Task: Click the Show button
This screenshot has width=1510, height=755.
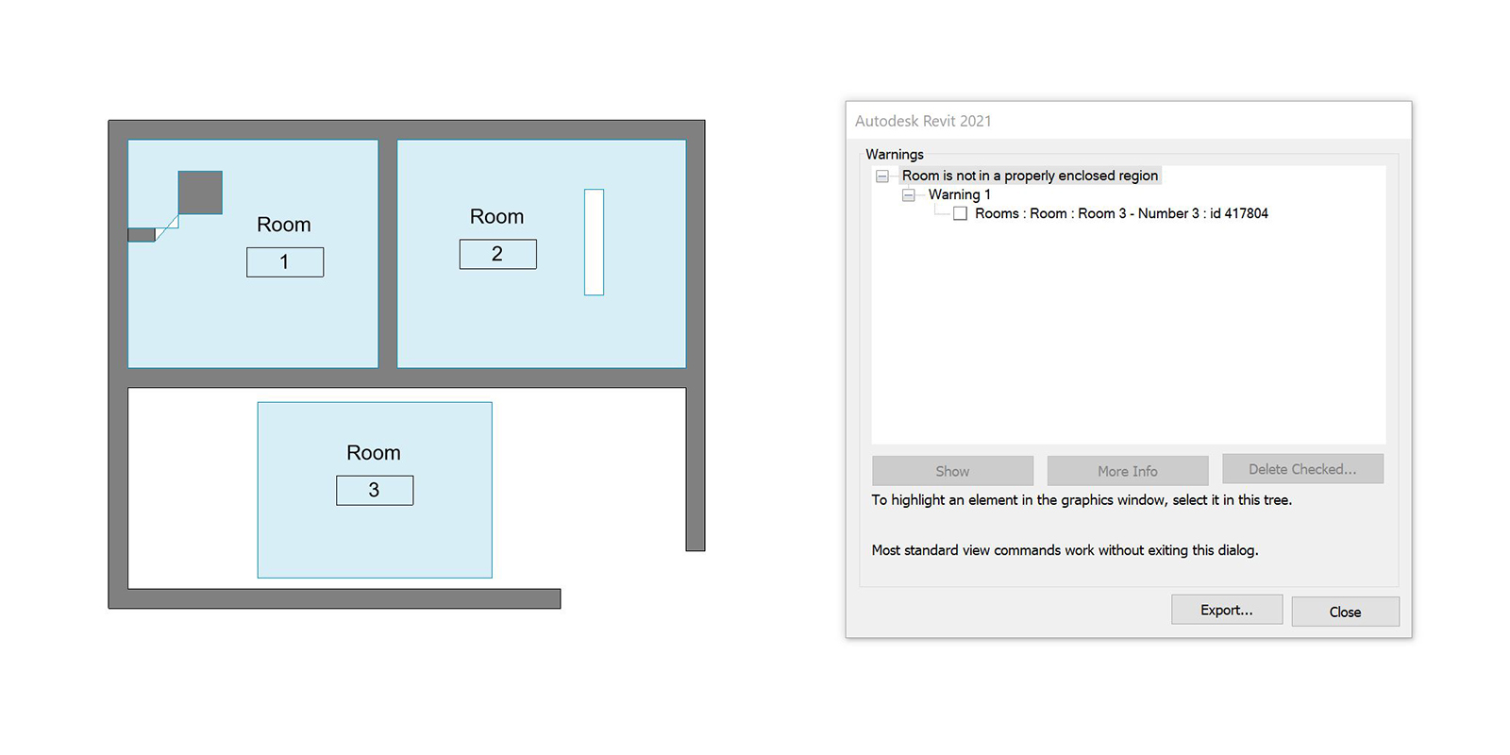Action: pyautogui.click(x=952, y=471)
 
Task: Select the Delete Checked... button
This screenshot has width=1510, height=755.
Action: pyautogui.click(x=1302, y=469)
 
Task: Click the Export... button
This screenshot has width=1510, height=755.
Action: pyautogui.click(x=1227, y=610)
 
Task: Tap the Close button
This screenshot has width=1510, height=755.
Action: pyautogui.click(x=1346, y=612)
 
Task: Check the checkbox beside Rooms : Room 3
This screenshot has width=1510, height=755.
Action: pyautogui.click(x=960, y=213)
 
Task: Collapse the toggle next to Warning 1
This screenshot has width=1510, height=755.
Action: pyautogui.click(x=909, y=194)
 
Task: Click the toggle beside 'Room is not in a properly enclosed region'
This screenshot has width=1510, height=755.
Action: pyautogui.click(x=881, y=176)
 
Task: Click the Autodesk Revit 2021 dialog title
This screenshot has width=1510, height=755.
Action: pyautogui.click(x=923, y=122)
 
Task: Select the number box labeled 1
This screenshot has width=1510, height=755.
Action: pyautogui.click(x=285, y=262)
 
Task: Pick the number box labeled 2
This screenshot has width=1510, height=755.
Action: pyautogui.click(x=498, y=254)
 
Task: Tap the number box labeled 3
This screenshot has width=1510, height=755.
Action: pyautogui.click(x=375, y=490)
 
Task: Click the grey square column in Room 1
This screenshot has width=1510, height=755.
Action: pyautogui.click(x=200, y=193)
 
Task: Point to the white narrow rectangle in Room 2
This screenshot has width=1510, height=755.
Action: pyautogui.click(x=594, y=242)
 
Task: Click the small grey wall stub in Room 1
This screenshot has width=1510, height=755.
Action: pyautogui.click(x=142, y=235)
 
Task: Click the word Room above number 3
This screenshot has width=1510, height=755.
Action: pyautogui.click(x=374, y=452)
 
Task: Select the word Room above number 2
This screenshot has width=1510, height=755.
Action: pyautogui.click(x=496, y=216)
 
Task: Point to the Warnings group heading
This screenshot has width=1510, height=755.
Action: pyautogui.click(x=895, y=155)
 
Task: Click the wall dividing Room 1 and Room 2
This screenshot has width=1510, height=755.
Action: pyautogui.click(x=388, y=254)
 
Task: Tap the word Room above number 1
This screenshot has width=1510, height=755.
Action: pyautogui.click(x=284, y=225)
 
